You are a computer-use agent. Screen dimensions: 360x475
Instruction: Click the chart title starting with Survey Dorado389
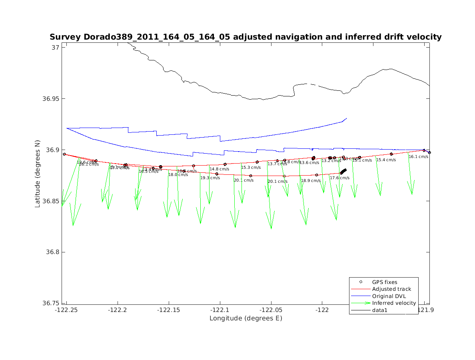click(x=245, y=37)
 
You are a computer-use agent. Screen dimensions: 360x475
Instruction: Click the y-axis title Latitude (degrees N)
click(x=38, y=173)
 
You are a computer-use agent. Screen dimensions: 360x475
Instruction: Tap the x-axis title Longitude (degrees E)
click(x=245, y=318)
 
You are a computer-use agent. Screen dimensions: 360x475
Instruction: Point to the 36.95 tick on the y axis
click(x=51, y=99)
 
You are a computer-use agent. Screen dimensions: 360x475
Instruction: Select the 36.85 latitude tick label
click(x=51, y=201)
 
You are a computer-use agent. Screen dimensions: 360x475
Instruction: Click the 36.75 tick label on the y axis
click(x=51, y=303)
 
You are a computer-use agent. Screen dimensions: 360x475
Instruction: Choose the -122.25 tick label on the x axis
click(x=66, y=310)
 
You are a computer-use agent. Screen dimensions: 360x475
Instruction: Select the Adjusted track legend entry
click(x=391, y=289)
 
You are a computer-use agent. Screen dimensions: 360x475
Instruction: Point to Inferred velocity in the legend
click(x=394, y=303)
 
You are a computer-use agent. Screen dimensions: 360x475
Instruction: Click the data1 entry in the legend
click(x=380, y=310)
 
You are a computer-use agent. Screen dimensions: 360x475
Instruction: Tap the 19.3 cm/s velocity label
click(x=210, y=178)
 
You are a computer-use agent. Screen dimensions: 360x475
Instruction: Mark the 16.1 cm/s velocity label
click(x=418, y=157)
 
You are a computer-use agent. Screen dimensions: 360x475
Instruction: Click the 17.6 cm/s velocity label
click(x=339, y=178)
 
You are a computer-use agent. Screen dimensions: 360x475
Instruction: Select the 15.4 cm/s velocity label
click(x=386, y=160)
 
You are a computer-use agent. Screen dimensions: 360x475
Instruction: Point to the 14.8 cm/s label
click(x=219, y=169)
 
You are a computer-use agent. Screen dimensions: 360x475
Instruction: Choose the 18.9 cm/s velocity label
click(x=311, y=181)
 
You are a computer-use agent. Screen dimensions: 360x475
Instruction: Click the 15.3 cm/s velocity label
click(x=251, y=168)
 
